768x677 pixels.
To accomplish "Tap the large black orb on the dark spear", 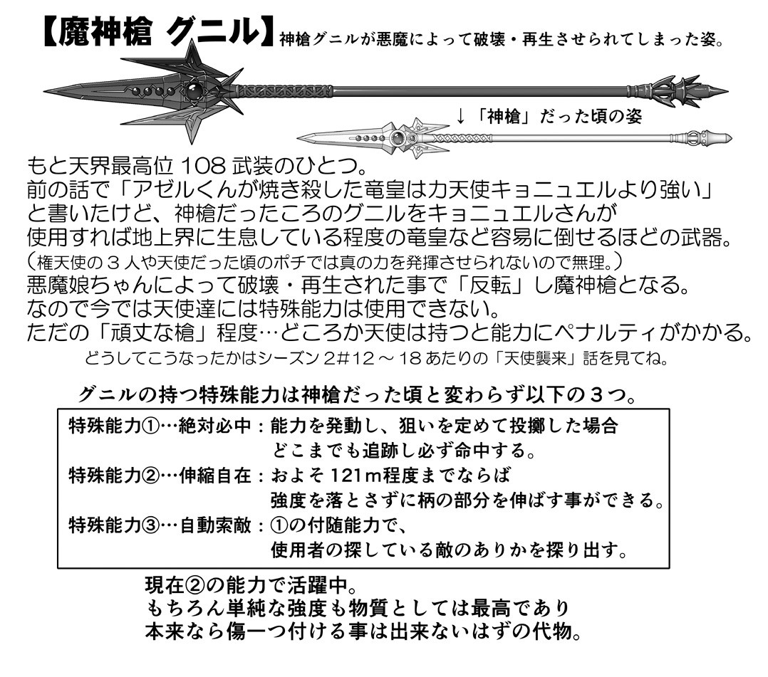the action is (193, 91).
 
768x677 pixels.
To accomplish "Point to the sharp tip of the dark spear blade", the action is (45, 92).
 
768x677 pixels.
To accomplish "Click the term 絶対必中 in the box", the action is (215, 426).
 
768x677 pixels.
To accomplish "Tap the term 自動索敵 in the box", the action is (215, 525).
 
